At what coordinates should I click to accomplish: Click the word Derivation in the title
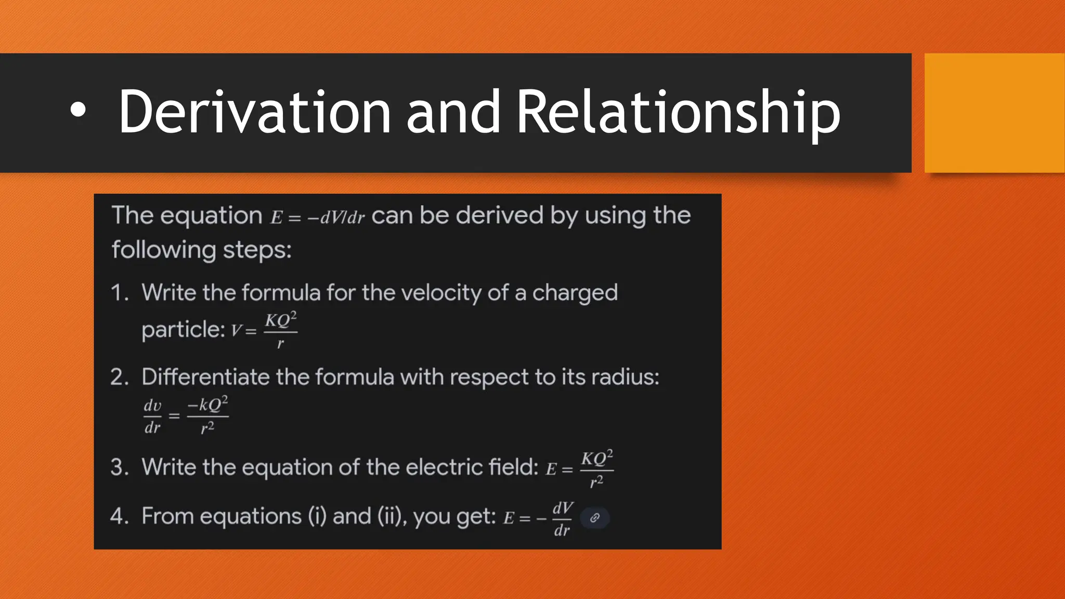[x=255, y=112]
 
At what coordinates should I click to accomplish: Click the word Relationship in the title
[x=678, y=112]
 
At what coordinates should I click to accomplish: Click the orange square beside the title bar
[x=994, y=113]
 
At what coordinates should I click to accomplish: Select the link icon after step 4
[x=595, y=518]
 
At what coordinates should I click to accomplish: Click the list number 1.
[x=119, y=293]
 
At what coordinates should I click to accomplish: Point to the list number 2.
[x=119, y=377]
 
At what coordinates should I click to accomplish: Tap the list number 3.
[x=119, y=467]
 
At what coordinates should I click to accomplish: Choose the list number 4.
[x=119, y=516]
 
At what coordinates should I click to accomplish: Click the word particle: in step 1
[x=183, y=330]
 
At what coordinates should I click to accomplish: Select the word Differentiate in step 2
[x=205, y=377]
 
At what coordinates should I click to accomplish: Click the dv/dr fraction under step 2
[x=152, y=416]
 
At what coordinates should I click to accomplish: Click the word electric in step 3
[x=444, y=467]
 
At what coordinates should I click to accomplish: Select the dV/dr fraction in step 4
[x=562, y=518]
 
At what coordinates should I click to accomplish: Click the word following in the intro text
[x=164, y=250]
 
